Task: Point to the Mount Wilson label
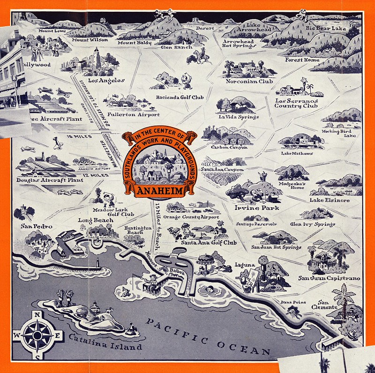(x=90, y=40)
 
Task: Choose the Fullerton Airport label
(x=134, y=114)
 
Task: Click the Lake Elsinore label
(x=330, y=201)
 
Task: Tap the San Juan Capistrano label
(x=330, y=278)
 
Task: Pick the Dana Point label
(x=293, y=302)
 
